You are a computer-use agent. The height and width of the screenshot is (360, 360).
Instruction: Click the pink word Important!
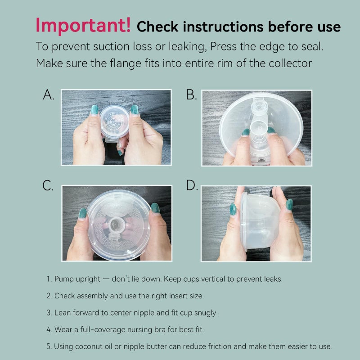(83, 25)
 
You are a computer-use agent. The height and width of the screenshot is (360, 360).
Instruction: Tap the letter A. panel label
(49, 95)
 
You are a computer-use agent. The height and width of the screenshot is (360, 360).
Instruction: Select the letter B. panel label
(191, 95)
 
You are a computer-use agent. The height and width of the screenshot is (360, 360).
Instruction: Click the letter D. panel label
(192, 186)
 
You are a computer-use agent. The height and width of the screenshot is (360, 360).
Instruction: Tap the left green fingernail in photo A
(94, 109)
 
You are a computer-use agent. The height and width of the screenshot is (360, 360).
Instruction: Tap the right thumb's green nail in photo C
(155, 208)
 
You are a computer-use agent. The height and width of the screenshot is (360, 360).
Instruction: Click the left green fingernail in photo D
(233, 209)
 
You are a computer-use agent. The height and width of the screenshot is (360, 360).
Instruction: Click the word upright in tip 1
(88, 279)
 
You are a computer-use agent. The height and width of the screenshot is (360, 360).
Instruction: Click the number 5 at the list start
(49, 346)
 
